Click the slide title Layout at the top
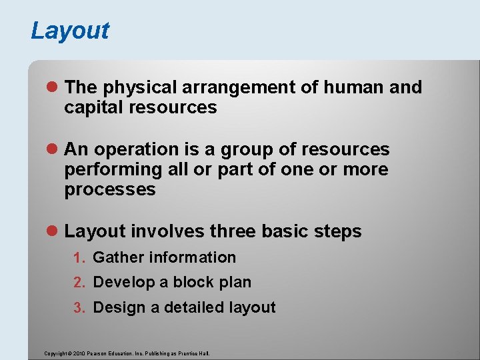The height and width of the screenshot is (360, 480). click(70, 31)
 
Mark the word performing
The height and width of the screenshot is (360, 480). click(113, 169)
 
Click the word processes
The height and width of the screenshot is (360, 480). click(110, 189)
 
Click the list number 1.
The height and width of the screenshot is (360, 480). click(77, 258)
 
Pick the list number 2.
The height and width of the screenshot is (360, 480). click(77, 283)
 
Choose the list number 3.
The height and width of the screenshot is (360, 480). click(77, 308)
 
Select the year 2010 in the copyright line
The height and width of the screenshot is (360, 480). click(76, 353)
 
